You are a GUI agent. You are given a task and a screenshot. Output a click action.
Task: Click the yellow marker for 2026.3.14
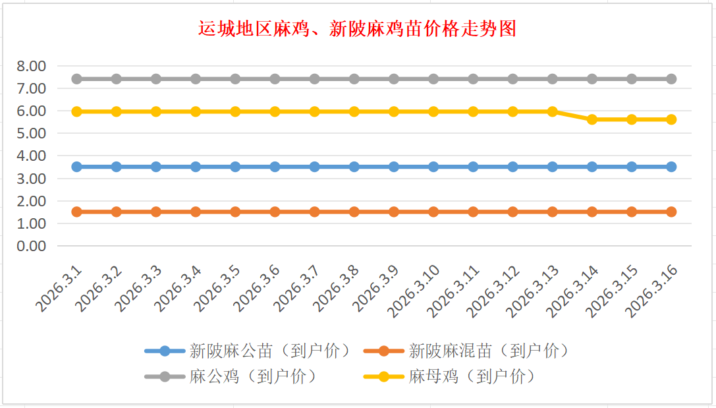(592, 119)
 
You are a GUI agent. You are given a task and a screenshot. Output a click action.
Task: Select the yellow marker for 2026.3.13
(553, 111)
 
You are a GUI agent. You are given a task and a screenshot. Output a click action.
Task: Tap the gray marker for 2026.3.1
(77, 79)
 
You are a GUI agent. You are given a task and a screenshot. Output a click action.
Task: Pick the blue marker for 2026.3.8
(354, 167)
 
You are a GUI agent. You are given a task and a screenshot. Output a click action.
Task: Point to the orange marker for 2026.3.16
(671, 212)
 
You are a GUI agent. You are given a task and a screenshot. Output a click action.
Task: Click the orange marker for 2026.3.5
(235, 212)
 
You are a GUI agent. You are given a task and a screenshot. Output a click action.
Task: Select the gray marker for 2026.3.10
(433, 79)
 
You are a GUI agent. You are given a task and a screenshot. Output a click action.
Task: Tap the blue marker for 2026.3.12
(512, 167)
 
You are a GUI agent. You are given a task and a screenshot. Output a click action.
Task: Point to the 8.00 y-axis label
(32, 66)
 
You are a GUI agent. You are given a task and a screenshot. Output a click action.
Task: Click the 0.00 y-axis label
(32, 246)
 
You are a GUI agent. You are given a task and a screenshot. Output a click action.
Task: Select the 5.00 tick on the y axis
(32, 133)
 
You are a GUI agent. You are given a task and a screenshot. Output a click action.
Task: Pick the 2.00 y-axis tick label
(32, 201)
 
